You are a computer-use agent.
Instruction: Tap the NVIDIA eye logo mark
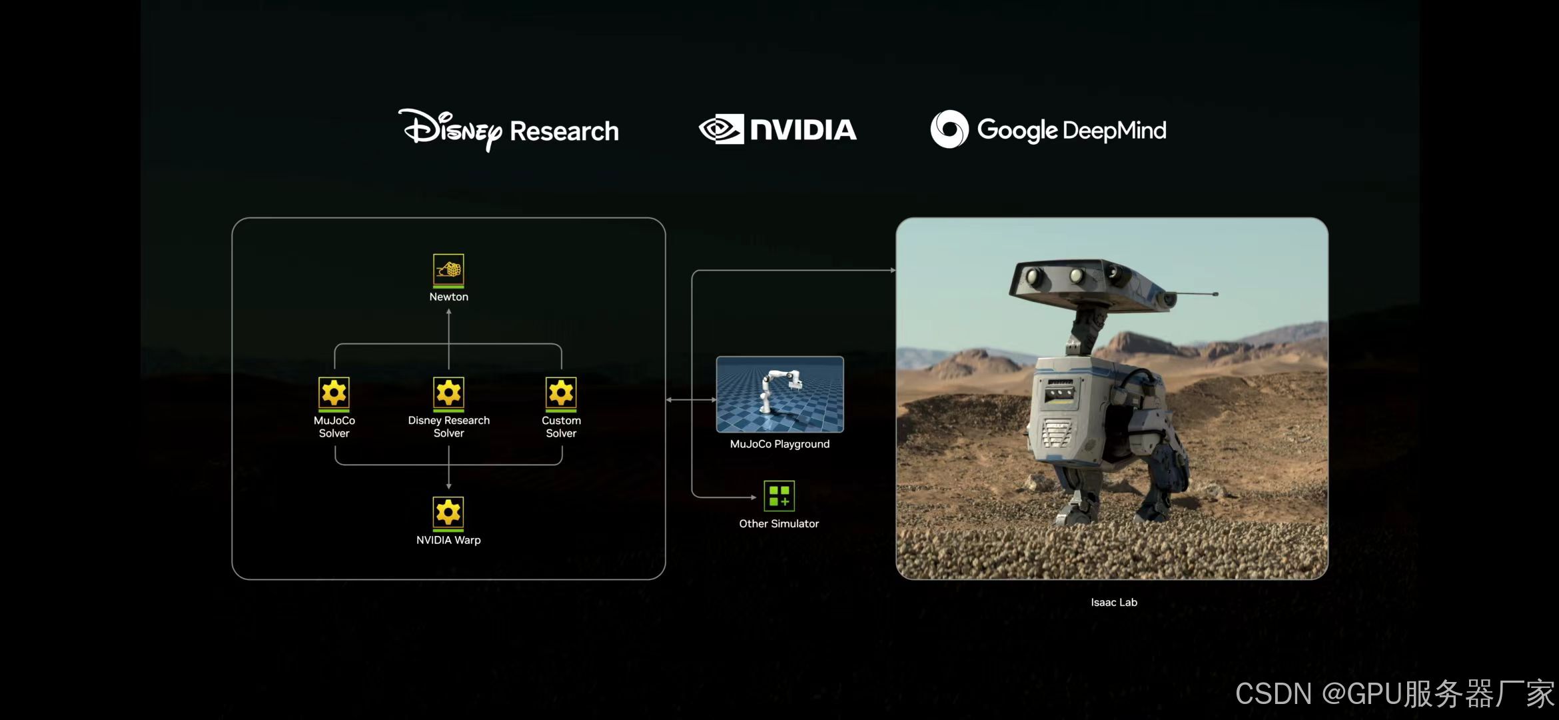(x=721, y=129)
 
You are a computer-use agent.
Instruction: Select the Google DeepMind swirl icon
(x=949, y=129)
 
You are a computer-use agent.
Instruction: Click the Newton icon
(x=448, y=270)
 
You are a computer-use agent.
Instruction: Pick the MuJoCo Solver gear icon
(x=334, y=393)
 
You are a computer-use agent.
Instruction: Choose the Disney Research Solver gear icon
(x=448, y=393)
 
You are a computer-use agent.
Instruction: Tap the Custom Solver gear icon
(x=561, y=393)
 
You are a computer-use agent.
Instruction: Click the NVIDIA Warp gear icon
(x=448, y=513)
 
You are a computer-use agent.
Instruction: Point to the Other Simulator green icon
(x=779, y=496)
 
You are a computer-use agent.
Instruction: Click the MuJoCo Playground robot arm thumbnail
(x=779, y=394)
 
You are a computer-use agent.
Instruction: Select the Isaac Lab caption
(x=1114, y=602)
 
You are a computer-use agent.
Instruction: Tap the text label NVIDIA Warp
(x=448, y=540)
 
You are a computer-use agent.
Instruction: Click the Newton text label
(x=448, y=297)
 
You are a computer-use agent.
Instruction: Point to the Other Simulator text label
(x=779, y=524)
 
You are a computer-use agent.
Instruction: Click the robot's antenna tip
(x=1215, y=294)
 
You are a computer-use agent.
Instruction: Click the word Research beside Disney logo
(x=564, y=131)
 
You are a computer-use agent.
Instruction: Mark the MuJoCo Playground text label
(x=779, y=444)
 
